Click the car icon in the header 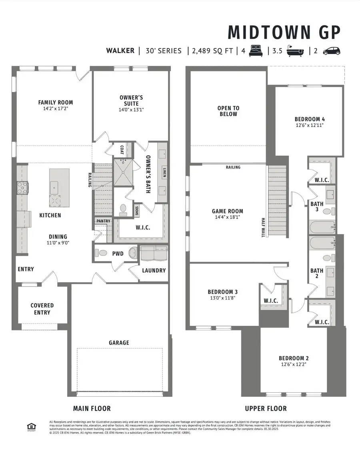(x=331, y=51)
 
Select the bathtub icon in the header (x=295, y=51)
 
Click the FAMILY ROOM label (x=56, y=102)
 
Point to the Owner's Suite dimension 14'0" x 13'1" (x=131, y=110)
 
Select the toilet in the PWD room (x=102, y=253)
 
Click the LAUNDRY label (x=154, y=270)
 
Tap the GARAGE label (x=119, y=343)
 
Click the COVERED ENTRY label (x=42, y=309)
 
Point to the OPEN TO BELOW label (x=228, y=111)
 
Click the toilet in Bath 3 (x=327, y=211)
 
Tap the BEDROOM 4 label (x=310, y=119)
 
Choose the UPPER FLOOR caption (x=266, y=408)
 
